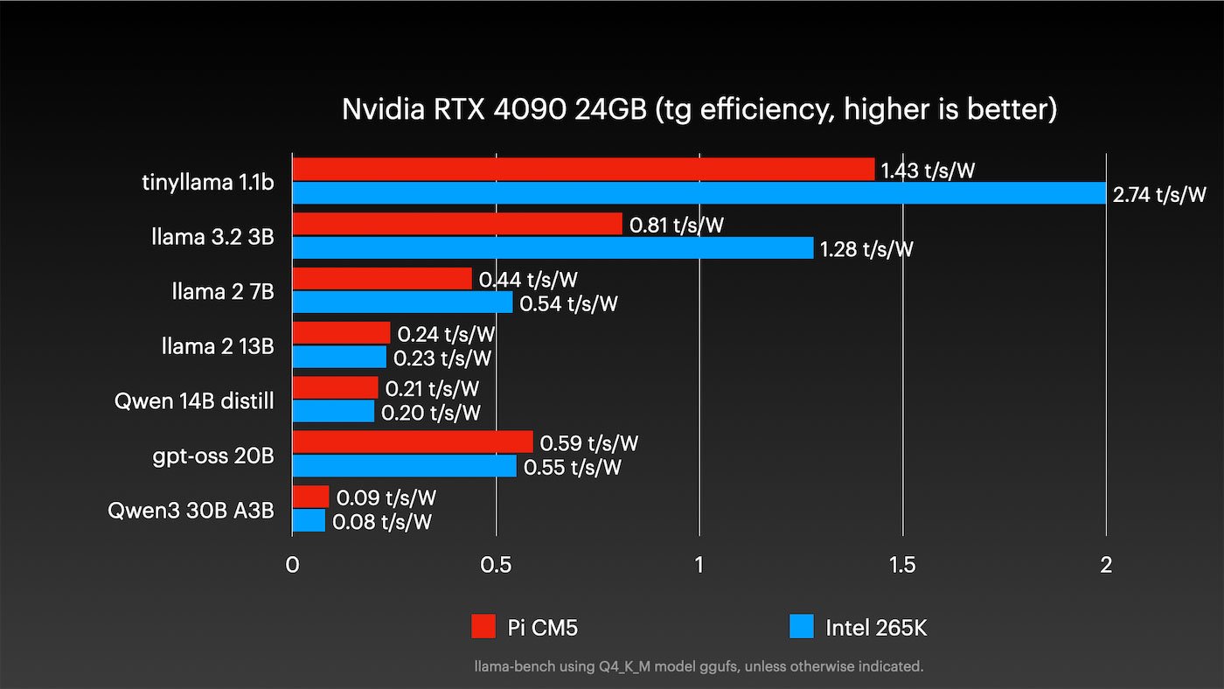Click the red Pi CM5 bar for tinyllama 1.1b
pyautogui.click(x=583, y=170)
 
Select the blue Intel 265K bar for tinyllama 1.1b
pyautogui.click(x=699, y=193)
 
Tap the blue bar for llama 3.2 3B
pyautogui.click(x=553, y=248)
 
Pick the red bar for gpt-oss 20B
pyautogui.click(x=412, y=442)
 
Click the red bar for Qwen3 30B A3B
pyautogui.click(x=310, y=497)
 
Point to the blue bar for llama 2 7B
pyautogui.click(x=402, y=303)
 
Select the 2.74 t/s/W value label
pyautogui.click(x=1158, y=194)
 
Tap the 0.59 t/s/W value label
pyautogui.click(x=589, y=443)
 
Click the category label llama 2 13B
pyautogui.click(x=217, y=346)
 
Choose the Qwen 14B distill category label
pyautogui.click(x=194, y=401)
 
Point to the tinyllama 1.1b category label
pyautogui.click(x=207, y=183)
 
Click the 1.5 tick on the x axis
pyautogui.click(x=902, y=565)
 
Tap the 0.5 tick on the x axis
pyautogui.click(x=496, y=565)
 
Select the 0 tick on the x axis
pyautogui.click(x=293, y=565)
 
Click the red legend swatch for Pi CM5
pyautogui.click(x=483, y=627)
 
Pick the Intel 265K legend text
pyautogui.click(x=875, y=627)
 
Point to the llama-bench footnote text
pyautogui.click(x=699, y=666)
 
